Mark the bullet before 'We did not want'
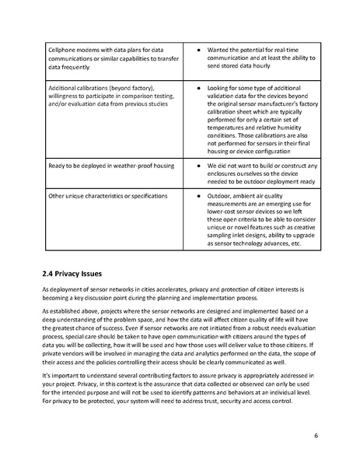pyautogui.click(x=200, y=166)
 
